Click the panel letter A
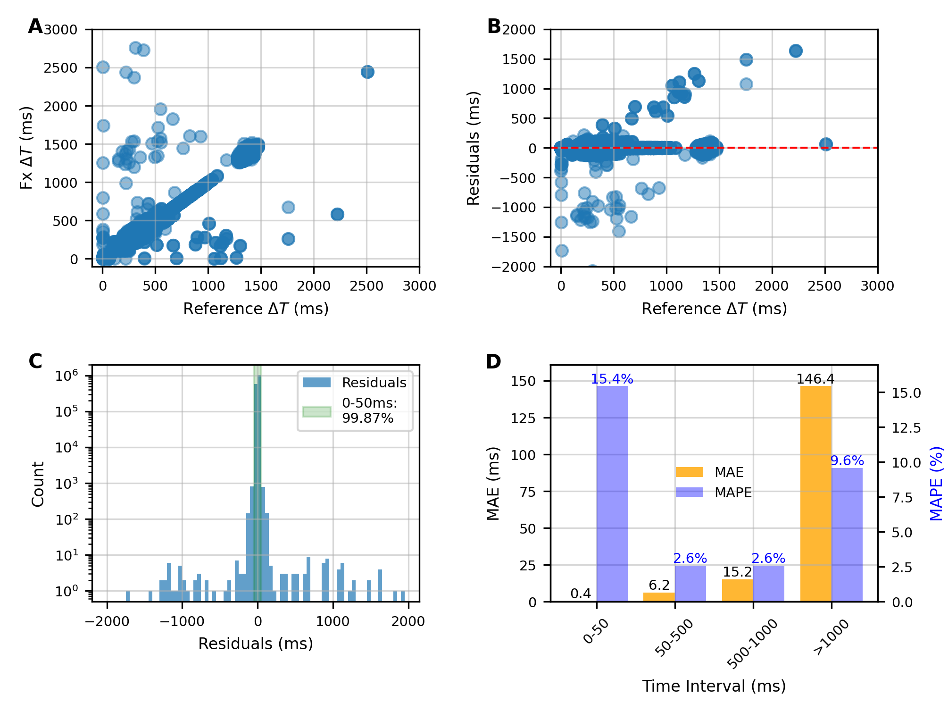35,26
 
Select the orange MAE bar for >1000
815,493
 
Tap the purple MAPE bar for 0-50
612,493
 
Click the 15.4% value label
612,379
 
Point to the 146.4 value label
815,379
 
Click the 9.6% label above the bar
847,460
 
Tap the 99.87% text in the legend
367,418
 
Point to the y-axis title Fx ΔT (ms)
26,148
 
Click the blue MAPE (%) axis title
936,484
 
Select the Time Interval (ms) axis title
714,686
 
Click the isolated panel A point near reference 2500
367,72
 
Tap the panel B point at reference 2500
825,144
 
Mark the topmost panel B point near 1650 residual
796,51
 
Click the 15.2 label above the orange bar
737,572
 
